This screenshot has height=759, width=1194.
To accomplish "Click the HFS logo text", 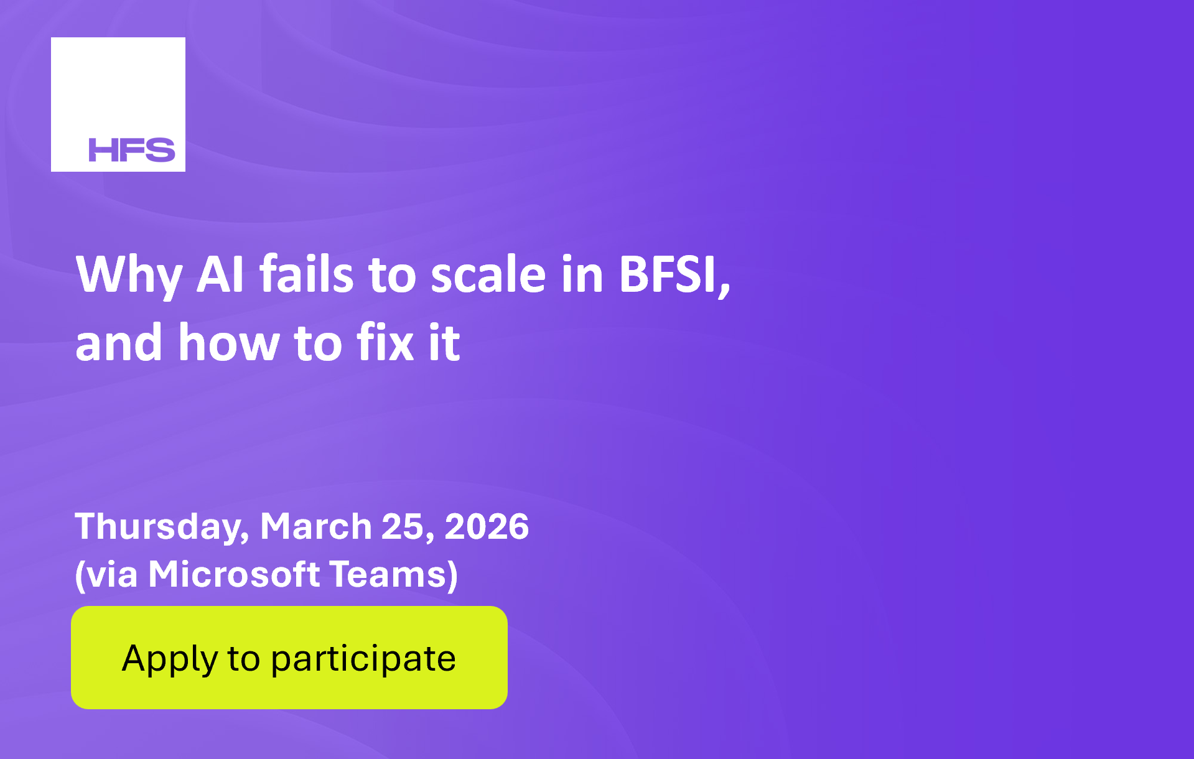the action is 132,150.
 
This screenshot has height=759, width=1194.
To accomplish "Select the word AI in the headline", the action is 220,274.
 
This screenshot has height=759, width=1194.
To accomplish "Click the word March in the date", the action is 316,526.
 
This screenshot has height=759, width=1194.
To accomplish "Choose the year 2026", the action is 487,526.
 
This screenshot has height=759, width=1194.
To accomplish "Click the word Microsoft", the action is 234,574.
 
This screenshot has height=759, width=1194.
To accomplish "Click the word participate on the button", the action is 363,659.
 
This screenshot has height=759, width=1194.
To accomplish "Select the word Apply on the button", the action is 170,659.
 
